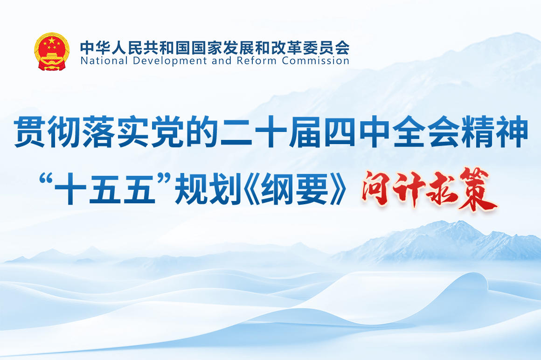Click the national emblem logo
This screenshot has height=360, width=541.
click(52, 51)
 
